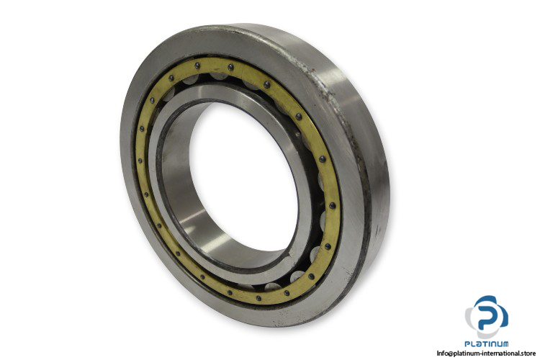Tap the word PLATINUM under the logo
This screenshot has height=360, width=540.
click(487, 344)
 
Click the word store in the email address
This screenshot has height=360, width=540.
click(528, 353)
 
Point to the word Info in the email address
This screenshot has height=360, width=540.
click(441, 353)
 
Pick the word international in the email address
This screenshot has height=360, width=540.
click(498, 353)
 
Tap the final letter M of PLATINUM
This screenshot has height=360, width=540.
click(505, 344)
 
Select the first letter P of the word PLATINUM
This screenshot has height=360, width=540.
click(468, 344)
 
